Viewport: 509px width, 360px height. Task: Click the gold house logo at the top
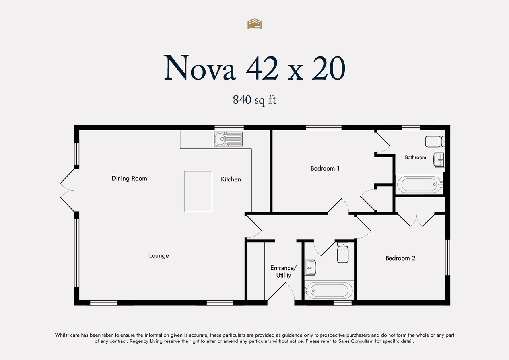pos(254,24)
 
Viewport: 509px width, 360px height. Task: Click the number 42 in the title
pos(262,68)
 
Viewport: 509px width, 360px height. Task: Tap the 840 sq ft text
pos(254,100)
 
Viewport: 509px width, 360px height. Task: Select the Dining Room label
pos(129,179)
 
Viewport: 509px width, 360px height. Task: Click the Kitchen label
pos(231,179)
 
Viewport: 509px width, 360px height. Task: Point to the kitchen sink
pos(228,139)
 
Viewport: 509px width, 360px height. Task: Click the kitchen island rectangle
pos(198,192)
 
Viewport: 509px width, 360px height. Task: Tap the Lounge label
pos(159,256)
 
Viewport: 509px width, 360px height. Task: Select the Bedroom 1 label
pos(325,169)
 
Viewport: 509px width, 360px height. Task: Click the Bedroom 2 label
pos(400,258)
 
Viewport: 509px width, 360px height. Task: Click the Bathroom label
pos(416,157)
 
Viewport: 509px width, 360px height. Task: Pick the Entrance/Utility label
pos(284,272)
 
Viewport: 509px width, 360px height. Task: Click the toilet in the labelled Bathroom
pos(435,142)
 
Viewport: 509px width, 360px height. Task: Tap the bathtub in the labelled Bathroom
pos(420,184)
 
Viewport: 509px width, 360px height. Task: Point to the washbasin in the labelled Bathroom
pos(439,160)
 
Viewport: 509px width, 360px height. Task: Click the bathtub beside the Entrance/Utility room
pos(329,290)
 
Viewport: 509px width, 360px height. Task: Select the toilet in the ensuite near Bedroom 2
pos(343,253)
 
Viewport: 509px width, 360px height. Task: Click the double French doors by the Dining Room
pos(68,190)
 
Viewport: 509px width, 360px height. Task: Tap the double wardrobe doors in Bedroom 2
pos(416,220)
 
